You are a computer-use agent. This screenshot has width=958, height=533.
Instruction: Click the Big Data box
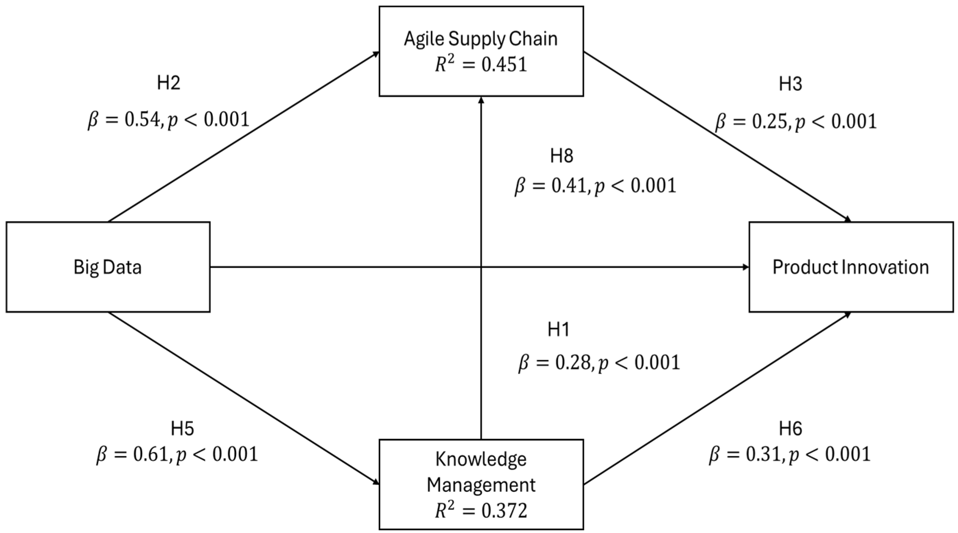[x=108, y=267]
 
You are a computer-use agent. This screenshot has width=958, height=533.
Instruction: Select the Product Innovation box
[x=851, y=267]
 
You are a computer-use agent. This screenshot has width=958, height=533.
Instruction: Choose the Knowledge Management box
[x=481, y=484]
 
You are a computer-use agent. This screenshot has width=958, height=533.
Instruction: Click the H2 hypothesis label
[x=168, y=83]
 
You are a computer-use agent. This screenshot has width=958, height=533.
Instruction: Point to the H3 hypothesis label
[x=790, y=84]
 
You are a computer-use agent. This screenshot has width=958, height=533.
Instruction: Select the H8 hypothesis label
[x=562, y=156]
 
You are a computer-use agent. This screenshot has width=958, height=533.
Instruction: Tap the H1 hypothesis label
[x=559, y=329]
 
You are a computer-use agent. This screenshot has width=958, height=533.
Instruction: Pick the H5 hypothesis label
[x=182, y=429]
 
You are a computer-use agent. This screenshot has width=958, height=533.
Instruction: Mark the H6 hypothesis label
[x=790, y=429]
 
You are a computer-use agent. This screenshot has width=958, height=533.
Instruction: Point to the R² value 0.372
[x=481, y=511]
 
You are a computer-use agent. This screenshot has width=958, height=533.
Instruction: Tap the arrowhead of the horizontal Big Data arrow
[x=745, y=267]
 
